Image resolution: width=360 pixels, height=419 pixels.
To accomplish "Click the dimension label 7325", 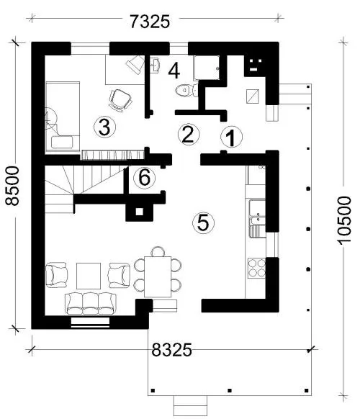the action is (x=150, y=22).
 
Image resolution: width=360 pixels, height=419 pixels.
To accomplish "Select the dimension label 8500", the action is (x=12, y=186).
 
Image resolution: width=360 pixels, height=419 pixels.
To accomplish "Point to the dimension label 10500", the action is (x=344, y=220).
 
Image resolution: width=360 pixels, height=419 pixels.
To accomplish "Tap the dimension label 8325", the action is (x=171, y=349).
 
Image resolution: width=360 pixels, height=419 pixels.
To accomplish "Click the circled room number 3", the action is (x=104, y=127).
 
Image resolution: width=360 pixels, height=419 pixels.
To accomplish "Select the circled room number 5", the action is (x=203, y=222).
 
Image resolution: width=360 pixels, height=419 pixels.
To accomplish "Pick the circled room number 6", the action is (x=145, y=177).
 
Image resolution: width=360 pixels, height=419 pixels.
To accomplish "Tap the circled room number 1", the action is (x=231, y=137).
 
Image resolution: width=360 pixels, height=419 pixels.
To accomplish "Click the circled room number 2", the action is (x=189, y=134).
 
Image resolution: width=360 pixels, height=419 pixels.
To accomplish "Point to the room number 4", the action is (x=174, y=71).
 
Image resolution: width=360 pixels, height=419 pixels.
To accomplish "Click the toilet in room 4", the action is (x=186, y=90).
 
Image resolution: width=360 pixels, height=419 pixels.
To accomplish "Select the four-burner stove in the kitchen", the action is (x=256, y=268).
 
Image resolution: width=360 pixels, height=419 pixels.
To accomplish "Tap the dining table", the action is (x=158, y=276).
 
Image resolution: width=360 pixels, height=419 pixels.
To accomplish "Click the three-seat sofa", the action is (x=91, y=303).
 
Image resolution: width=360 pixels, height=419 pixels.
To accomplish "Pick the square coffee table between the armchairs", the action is (x=89, y=276).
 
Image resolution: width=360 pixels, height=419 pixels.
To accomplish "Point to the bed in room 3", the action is (x=63, y=117).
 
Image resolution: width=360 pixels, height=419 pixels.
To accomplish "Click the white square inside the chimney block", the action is (x=139, y=212).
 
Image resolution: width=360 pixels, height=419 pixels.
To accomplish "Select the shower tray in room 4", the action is (x=207, y=68).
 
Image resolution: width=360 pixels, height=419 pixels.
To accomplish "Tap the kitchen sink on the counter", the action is (x=257, y=219).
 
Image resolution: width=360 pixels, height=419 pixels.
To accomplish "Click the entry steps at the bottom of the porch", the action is (x=191, y=405).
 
